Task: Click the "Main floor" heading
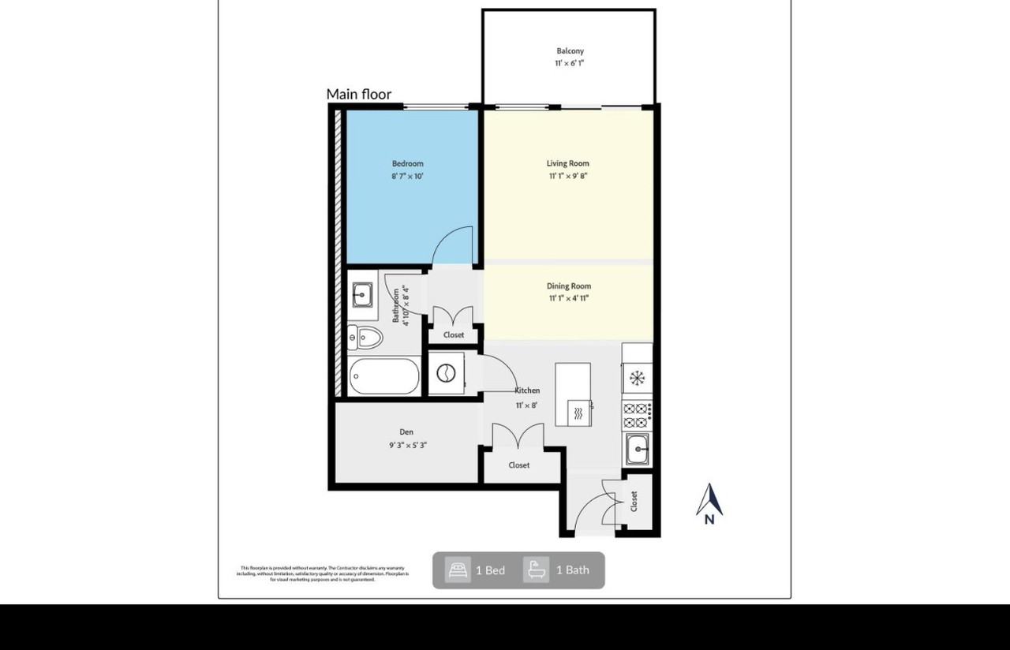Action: tap(359, 95)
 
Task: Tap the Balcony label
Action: tap(570, 51)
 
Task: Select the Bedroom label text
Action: tap(408, 164)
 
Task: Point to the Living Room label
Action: tap(568, 164)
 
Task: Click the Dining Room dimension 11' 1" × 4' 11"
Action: tap(569, 298)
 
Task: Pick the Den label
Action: tap(406, 432)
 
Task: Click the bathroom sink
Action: tap(362, 296)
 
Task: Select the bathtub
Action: tap(384, 377)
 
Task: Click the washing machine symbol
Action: tap(447, 373)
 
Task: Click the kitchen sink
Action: tap(637, 450)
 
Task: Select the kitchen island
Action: tap(573, 394)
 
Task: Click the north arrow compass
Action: tap(709, 503)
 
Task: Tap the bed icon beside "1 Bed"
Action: tap(458, 570)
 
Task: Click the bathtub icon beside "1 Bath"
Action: tap(536, 570)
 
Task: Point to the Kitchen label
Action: tap(527, 390)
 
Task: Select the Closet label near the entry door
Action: tap(634, 501)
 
